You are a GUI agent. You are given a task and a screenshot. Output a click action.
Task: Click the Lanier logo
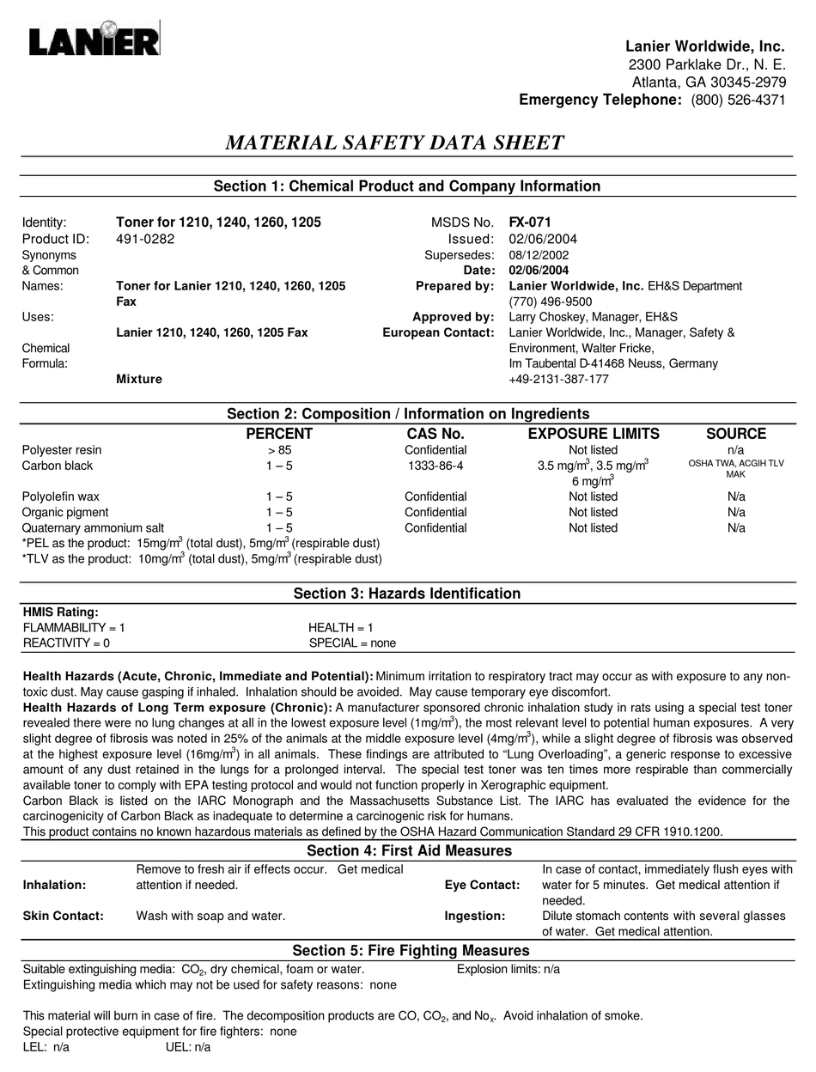click(93, 40)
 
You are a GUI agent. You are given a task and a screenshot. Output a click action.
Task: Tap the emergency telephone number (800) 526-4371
click(738, 100)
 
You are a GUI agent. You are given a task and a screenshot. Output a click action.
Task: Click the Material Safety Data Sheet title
click(394, 143)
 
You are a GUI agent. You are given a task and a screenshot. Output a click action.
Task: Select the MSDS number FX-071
click(530, 222)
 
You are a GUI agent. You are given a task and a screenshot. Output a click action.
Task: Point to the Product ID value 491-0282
click(145, 239)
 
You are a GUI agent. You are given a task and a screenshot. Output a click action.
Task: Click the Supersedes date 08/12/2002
click(539, 255)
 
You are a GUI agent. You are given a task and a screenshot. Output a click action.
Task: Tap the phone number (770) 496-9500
click(551, 301)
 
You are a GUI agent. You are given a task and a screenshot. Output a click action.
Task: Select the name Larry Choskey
click(545, 317)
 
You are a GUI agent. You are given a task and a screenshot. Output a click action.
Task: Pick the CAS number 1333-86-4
click(435, 466)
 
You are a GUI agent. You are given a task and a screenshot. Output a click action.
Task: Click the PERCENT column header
click(279, 434)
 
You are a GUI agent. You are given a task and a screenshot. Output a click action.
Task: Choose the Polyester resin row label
click(62, 450)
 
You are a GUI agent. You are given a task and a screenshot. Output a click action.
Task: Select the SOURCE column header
click(736, 434)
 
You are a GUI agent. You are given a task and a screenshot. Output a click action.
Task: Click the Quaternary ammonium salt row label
click(93, 528)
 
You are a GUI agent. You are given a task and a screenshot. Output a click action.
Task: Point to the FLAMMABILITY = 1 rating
click(74, 628)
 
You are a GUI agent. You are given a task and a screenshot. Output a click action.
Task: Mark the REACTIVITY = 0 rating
click(66, 643)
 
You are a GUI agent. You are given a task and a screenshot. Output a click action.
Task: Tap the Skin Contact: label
click(63, 916)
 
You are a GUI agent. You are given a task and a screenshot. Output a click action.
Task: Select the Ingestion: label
click(474, 916)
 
